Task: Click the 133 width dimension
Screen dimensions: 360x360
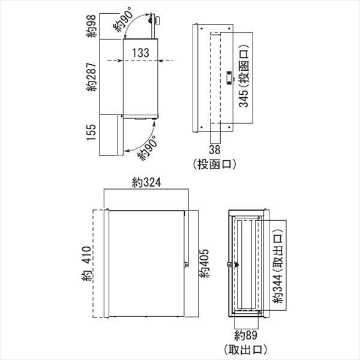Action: [140, 53]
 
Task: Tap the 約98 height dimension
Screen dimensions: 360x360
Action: [91, 26]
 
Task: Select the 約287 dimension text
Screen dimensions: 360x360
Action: [91, 77]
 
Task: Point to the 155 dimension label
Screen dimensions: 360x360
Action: [91, 133]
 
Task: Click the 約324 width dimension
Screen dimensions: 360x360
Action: [146, 182]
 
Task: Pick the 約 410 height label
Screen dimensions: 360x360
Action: [86, 263]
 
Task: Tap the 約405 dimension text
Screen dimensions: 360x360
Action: [204, 263]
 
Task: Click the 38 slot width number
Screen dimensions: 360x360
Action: [215, 149]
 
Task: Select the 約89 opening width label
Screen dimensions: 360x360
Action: [245, 335]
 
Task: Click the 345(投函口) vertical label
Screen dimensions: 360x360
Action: [244, 76]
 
